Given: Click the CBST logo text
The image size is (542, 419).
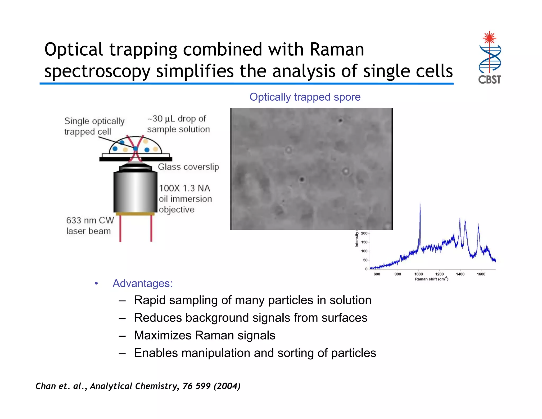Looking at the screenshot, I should pos(489,79).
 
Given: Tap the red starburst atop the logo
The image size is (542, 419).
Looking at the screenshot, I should pos(489,38).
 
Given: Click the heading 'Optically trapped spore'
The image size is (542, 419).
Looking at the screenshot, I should pos(305,97).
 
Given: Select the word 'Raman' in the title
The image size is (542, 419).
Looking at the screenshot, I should pos(337,50).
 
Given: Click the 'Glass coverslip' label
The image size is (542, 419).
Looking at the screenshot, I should pos(188,167).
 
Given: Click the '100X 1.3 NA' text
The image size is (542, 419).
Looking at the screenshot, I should pos(184,188).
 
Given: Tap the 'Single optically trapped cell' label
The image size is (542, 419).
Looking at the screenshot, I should pos(94,126).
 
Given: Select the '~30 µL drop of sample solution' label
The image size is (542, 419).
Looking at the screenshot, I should pos(178,124).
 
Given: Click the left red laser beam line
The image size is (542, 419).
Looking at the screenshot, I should pos(120,228).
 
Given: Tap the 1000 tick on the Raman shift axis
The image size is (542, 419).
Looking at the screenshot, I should pos(418,274).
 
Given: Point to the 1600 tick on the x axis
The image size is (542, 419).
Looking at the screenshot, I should pos(481,274).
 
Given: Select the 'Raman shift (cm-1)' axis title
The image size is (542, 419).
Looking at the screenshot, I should pos(431,279).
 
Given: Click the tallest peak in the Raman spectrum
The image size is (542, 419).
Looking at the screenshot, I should pos(420,205).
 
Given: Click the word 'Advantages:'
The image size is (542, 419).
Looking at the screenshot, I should pos(142,283).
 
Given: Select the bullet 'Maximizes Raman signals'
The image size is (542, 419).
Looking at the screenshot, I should pos(204,335).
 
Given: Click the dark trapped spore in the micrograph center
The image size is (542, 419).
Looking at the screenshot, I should pos(302,180).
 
